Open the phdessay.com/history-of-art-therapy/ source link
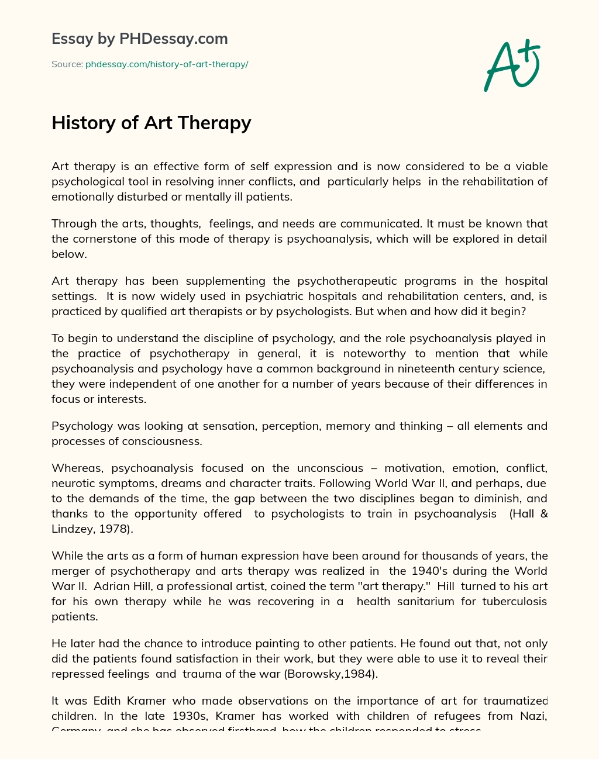[167, 64]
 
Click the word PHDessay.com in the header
[173, 39]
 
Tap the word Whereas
[77, 468]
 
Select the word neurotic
[73, 483]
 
